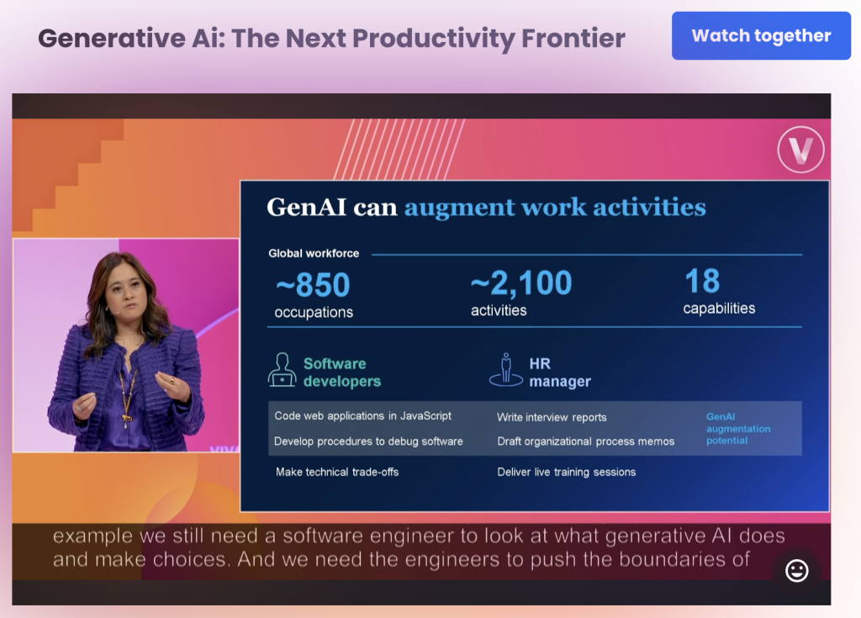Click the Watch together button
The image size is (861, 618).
coord(761,35)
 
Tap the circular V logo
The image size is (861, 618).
coord(800,150)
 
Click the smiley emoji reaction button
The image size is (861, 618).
coord(797,571)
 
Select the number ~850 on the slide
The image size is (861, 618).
coord(313,284)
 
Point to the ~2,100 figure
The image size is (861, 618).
coord(521,283)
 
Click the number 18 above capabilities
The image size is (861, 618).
coord(702,281)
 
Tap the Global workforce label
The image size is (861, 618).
coord(314,253)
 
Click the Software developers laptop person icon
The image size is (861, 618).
coord(282,370)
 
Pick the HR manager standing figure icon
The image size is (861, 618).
coord(505,370)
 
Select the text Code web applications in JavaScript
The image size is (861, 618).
coord(363,416)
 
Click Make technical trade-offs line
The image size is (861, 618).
coord(337,472)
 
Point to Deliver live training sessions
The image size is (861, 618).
coord(566,472)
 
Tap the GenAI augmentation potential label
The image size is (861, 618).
coord(738,429)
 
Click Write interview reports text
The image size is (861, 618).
coord(552,418)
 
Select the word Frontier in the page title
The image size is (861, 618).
coord(573,39)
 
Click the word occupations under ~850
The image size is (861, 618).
coord(314,312)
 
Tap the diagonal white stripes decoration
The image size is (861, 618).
coord(399,150)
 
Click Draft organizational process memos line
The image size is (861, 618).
coord(586,441)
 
